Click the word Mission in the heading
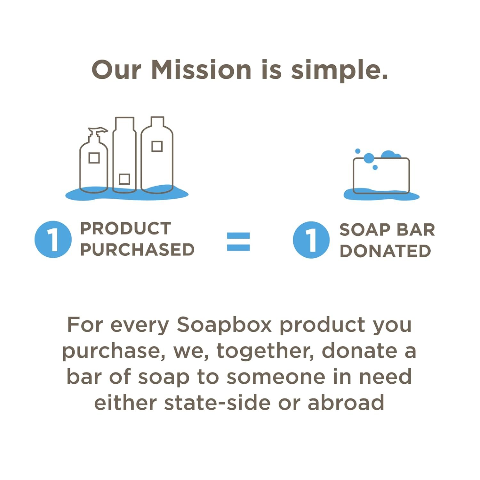[202, 69]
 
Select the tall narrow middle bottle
[124, 155]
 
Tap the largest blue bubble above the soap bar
[369, 158]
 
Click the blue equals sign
[238, 242]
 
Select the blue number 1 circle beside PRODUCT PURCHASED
[53, 239]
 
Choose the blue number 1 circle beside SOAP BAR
[311, 240]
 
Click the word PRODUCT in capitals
[125, 228]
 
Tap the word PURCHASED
[137, 250]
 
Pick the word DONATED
[385, 251]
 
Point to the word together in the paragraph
[265, 351]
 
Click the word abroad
[346, 403]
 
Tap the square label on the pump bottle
[94, 158]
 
